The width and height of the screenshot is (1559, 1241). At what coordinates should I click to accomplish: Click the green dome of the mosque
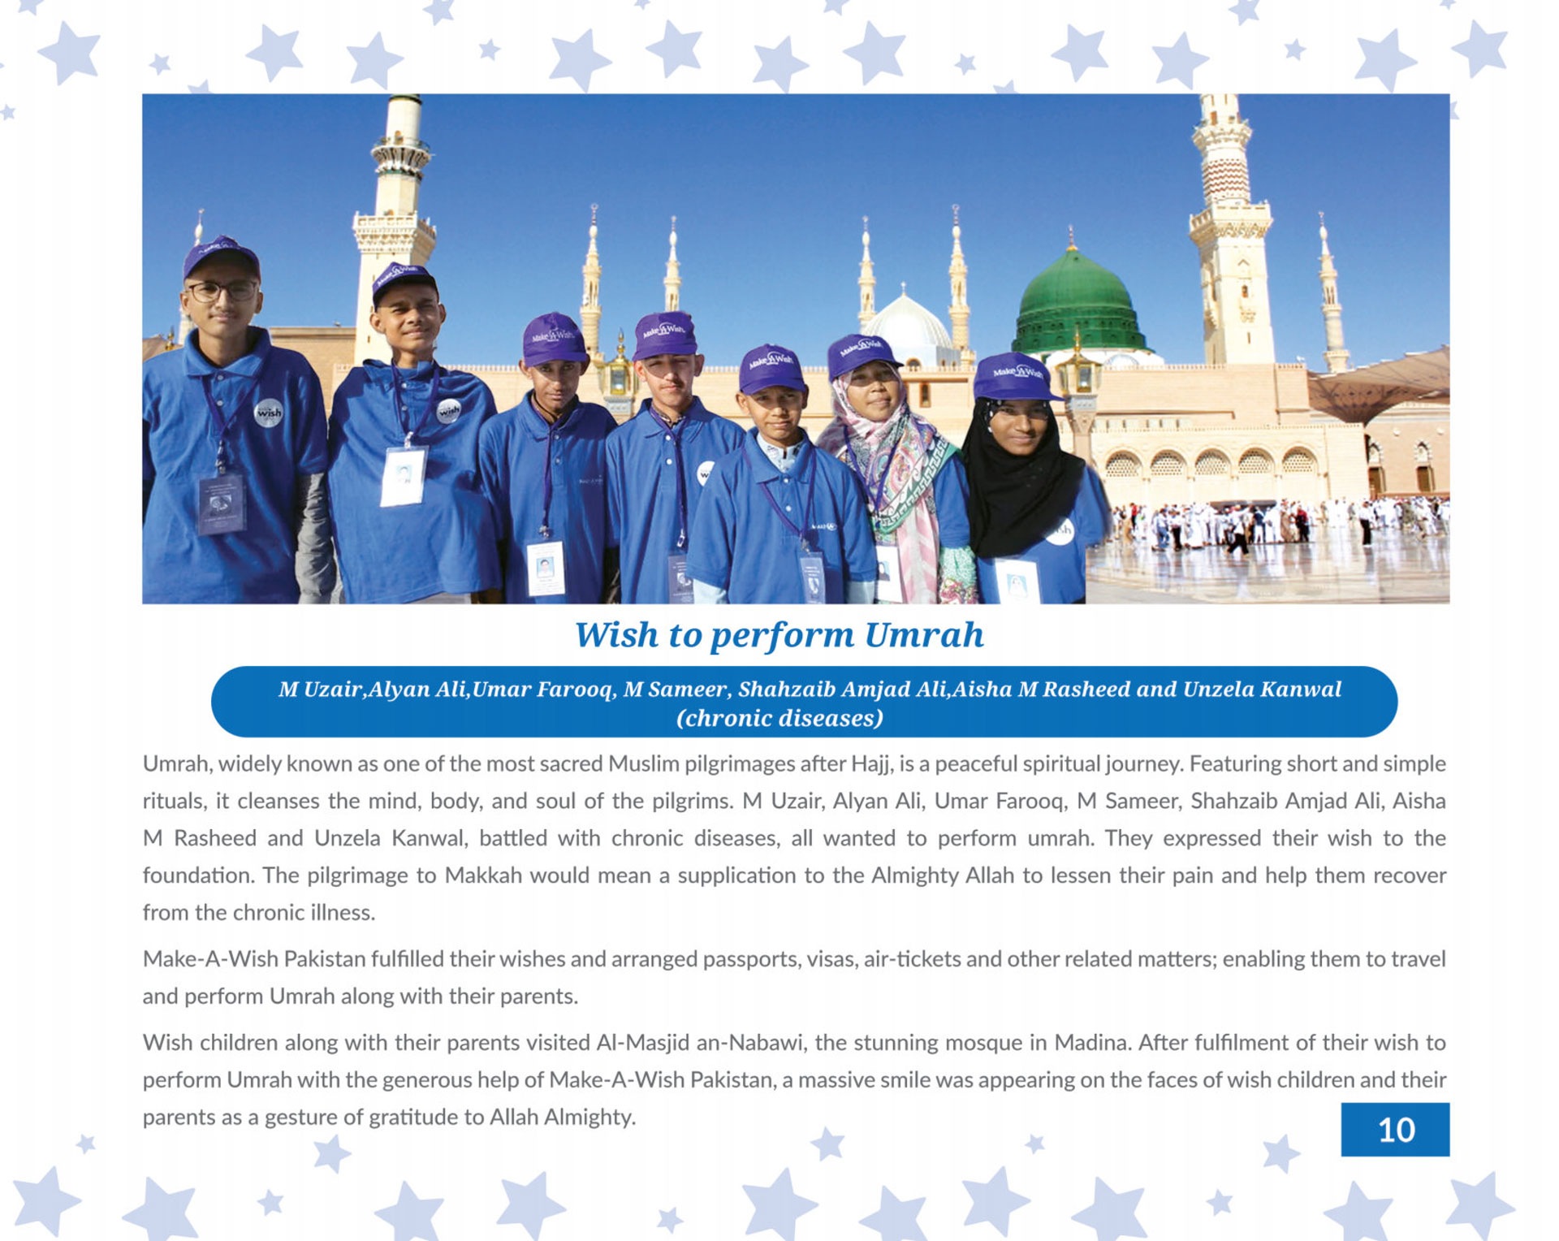pos(1076,296)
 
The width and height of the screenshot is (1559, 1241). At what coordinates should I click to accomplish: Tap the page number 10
pos(1395,1130)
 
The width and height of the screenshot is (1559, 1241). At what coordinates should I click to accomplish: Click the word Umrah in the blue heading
pos(924,635)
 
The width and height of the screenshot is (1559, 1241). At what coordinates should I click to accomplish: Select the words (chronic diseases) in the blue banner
pos(779,718)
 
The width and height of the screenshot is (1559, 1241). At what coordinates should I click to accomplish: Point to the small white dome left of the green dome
pos(908,323)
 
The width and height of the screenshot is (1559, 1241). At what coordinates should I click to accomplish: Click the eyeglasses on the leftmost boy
pos(222,290)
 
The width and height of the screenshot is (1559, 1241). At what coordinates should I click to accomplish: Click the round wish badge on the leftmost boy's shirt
pos(268,413)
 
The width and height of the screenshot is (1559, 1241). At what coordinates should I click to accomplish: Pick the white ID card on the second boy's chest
pos(404,476)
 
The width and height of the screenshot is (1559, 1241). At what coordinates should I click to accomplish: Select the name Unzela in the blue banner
pos(1217,689)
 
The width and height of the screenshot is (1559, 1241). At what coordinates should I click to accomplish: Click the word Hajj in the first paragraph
pos(870,764)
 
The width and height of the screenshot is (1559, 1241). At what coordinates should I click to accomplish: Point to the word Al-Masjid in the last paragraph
pos(642,1043)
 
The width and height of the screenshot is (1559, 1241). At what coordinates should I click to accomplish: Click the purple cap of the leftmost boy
pos(220,256)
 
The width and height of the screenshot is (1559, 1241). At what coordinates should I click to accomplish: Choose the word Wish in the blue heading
pos(616,635)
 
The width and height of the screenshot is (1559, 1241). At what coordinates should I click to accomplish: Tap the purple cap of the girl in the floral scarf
pos(860,353)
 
